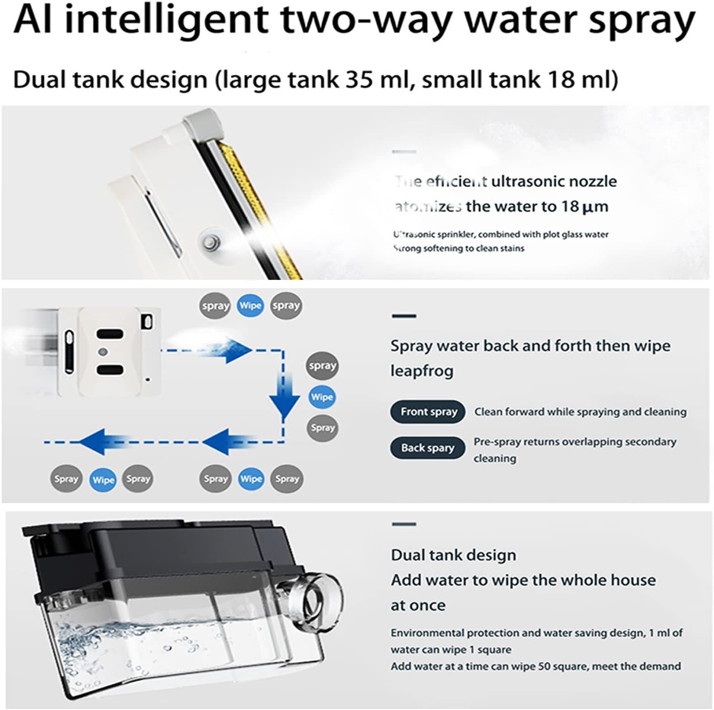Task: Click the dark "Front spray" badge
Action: pos(428,412)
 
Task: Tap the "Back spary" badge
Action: pos(427,448)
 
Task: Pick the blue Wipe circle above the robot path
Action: pos(250,306)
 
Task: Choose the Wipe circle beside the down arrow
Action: pos(322,397)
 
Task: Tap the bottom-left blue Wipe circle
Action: pos(103,480)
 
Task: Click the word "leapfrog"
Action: pos(422,371)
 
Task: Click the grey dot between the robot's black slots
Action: pos(103,352)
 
